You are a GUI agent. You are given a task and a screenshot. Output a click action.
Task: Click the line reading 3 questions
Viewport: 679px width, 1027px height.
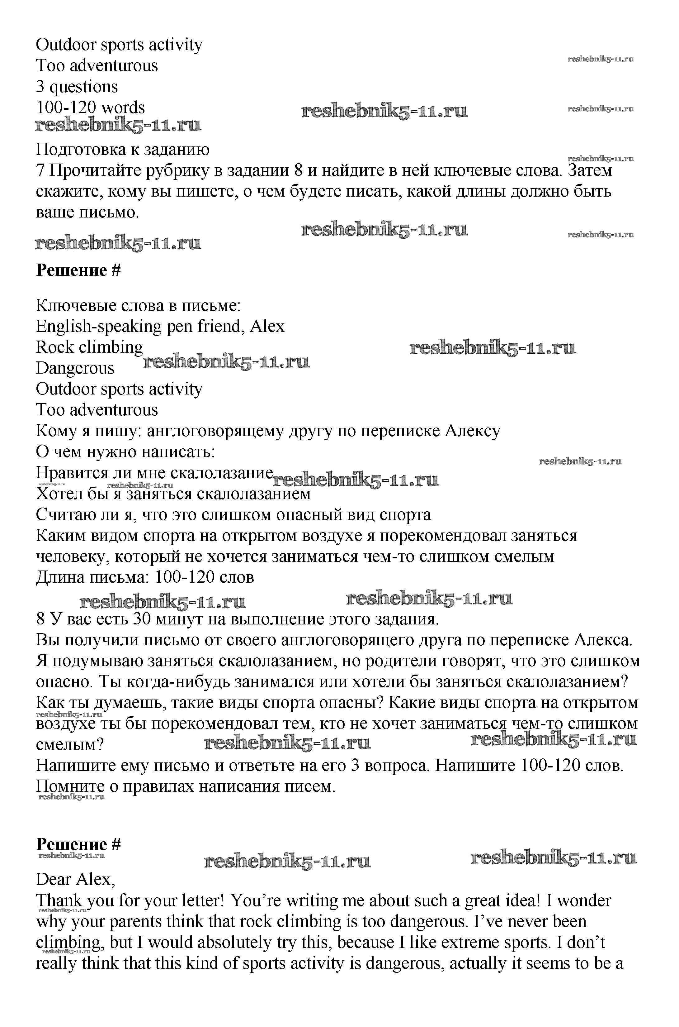click(x=77, y=87)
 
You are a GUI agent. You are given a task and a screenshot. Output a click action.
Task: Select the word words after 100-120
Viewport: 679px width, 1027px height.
click(x=123, y=107)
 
